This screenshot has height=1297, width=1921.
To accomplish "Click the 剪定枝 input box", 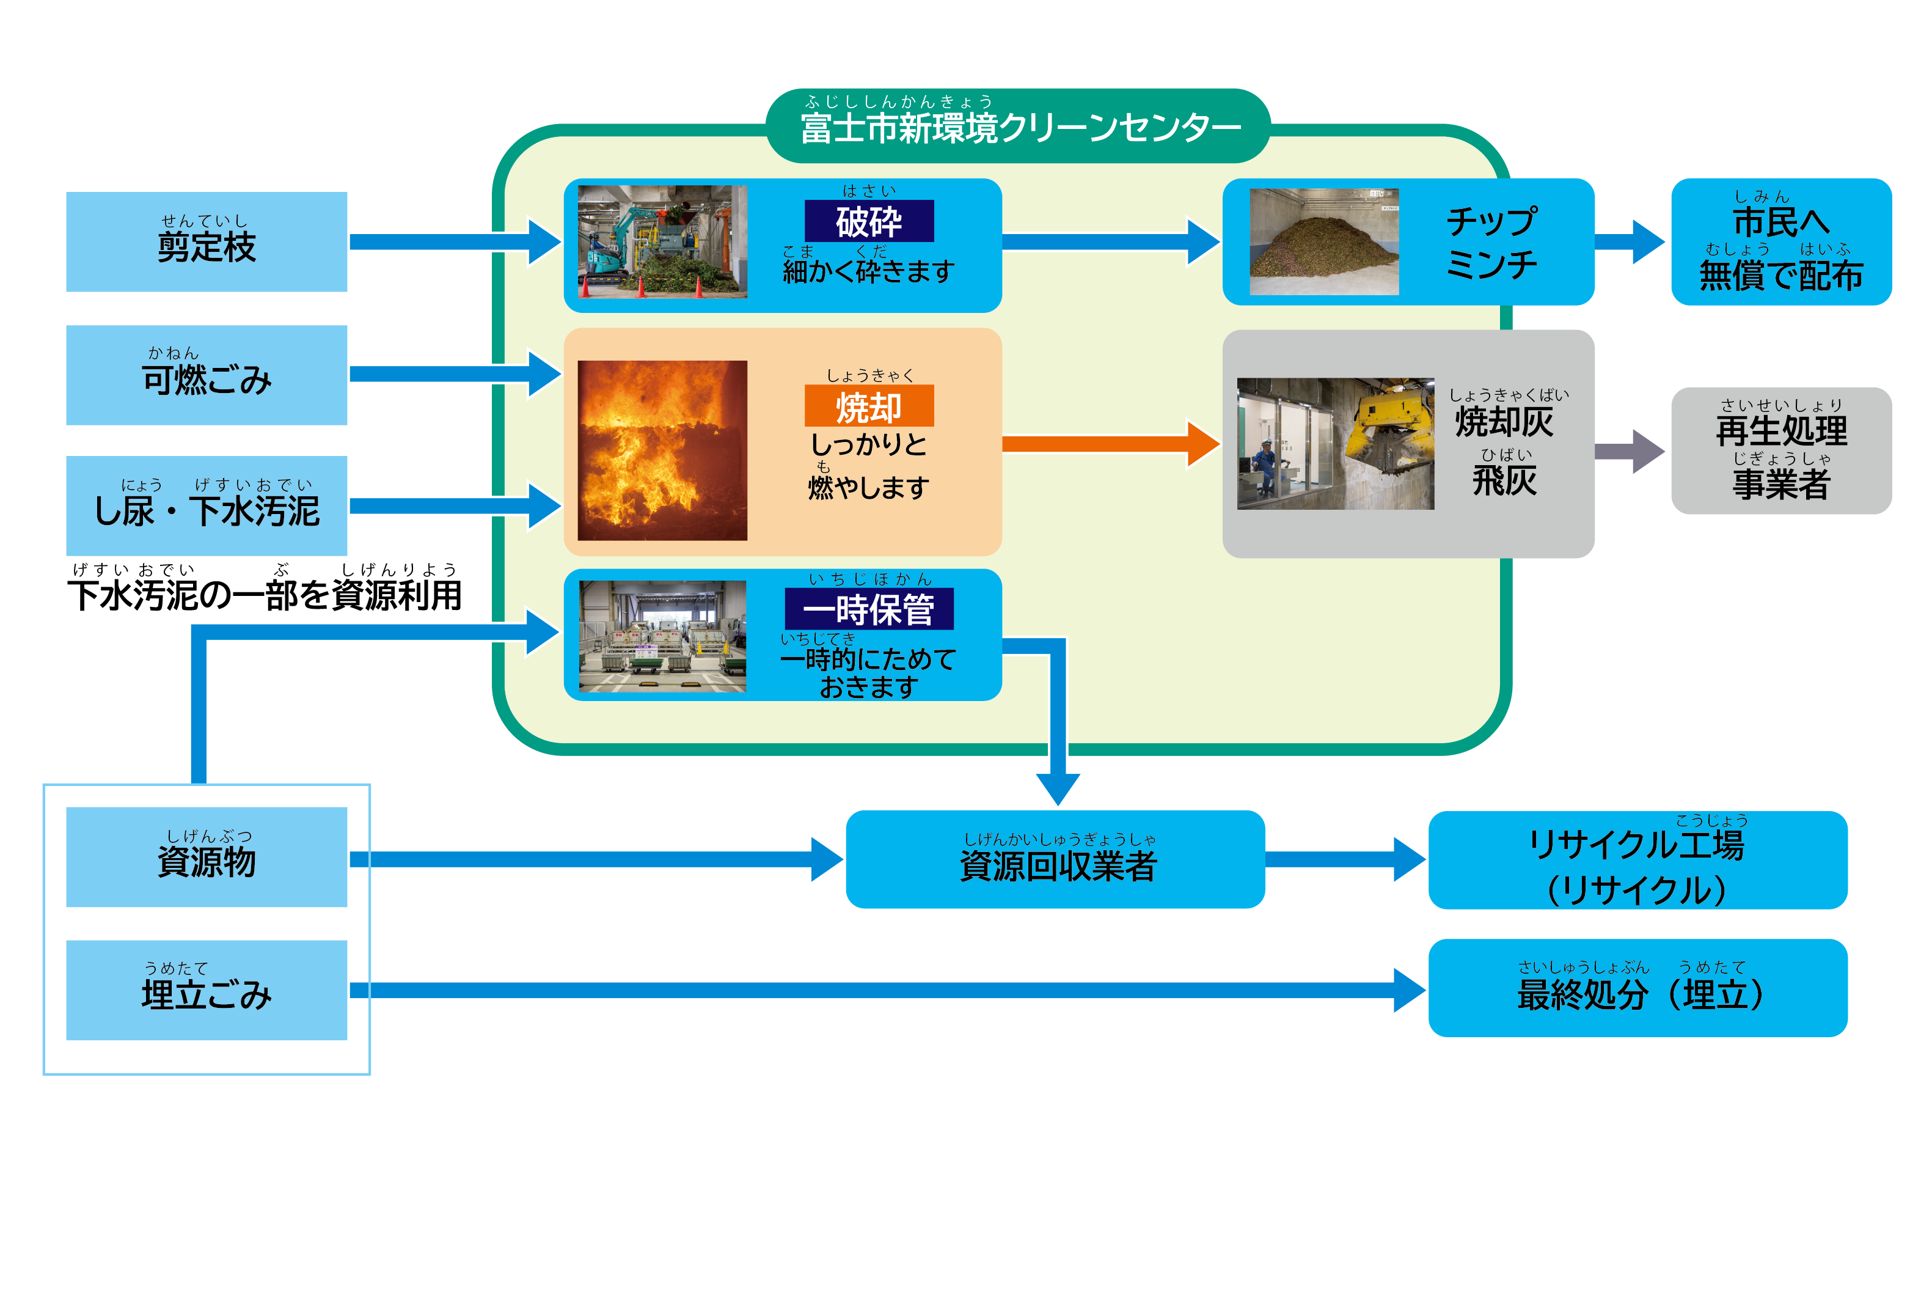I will coord(206,241).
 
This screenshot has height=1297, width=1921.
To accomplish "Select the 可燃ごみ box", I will coord(206,375).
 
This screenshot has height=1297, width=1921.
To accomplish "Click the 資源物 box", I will coord(206,856).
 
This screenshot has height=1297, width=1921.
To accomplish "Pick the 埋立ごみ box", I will coord(206,990).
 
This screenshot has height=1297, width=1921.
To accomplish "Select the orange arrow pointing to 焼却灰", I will coord(1108,444).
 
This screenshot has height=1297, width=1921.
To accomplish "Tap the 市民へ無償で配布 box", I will coord(1780,241).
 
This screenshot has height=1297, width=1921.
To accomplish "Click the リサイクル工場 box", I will coord(1637,860).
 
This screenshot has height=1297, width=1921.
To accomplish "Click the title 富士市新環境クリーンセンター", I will coord(1019,127).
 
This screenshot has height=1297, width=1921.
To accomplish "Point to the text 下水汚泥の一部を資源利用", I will coord(265,593).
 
